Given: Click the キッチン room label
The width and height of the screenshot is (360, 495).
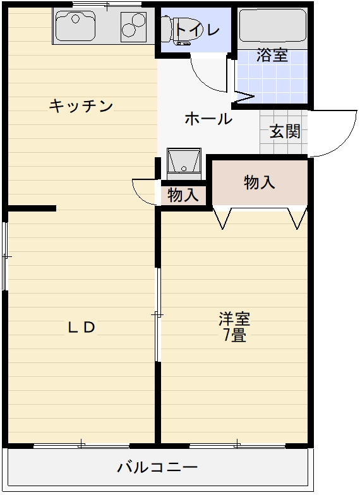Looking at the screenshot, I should coord(81,106).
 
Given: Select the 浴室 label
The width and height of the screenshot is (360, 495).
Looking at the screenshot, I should coord(272,55).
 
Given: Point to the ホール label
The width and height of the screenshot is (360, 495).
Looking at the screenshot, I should coord(208,118).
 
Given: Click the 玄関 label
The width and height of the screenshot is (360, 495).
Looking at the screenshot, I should coord(285,132).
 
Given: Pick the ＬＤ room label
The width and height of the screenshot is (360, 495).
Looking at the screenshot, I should coord(81,327).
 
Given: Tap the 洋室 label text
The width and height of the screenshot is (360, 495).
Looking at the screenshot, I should coord(234,318).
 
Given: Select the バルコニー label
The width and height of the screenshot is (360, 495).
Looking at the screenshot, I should coord(157,468).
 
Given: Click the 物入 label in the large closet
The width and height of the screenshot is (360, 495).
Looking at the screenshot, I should coord(260,182).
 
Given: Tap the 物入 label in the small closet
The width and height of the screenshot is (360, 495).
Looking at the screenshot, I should coord(183,195).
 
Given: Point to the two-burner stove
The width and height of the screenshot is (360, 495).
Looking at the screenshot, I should coord(133,26).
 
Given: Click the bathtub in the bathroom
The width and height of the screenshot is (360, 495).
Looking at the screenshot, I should coord(272,25).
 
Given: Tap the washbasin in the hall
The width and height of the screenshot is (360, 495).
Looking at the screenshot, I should coord(184,162).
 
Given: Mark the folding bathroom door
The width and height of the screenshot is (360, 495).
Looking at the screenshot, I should coord(244,97).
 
